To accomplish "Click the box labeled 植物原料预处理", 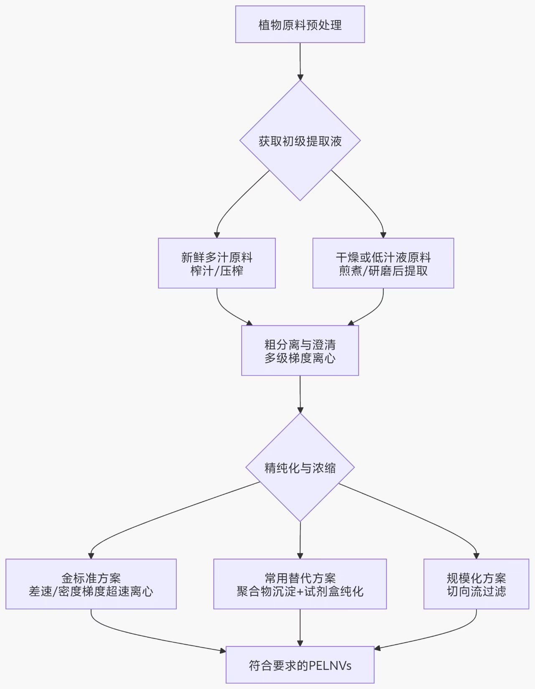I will pos(300,25).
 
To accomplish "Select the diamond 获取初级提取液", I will pos(300,141).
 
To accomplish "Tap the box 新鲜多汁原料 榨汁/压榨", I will pos(217,263).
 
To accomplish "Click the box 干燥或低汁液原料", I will pos(383,263).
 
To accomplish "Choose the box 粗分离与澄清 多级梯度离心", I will pos(300,351).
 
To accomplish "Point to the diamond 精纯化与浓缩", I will pos(300,468).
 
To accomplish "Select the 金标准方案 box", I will pos(91,584).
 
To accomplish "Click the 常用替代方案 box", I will pos(300,584).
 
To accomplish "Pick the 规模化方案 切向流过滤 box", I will pos(476,584).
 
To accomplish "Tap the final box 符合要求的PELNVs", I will pos(300,665).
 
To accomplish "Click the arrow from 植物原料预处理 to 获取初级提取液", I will pos(300,61).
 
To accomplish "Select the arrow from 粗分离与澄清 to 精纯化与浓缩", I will pos(300,394).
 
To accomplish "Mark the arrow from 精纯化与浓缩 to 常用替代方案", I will pos(300,540).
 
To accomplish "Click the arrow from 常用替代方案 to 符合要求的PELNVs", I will pos(300,627).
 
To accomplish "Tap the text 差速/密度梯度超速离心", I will pos(91,591).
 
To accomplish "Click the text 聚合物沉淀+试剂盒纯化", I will pos(300,591).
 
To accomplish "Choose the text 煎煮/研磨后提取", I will pos(383,271).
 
